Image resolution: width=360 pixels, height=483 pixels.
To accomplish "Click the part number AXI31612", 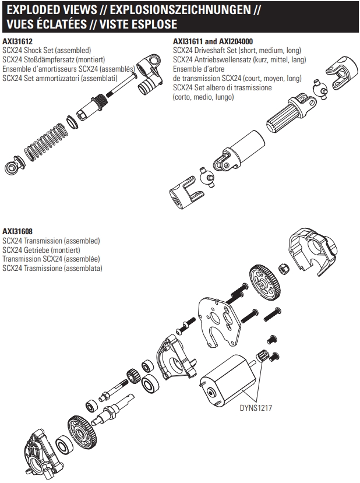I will [x=17, y=42].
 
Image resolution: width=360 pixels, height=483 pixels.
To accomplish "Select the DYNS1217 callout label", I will [x=256, y=408].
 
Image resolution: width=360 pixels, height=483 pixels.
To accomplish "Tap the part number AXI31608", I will [x=17, y=231].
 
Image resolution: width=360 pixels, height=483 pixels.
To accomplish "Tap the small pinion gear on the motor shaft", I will [x=263, y=355].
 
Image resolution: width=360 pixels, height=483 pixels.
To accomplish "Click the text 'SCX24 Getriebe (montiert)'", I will [x=41, y=250].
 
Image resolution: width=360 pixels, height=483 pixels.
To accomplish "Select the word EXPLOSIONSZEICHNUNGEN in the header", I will [x=181, y=10].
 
